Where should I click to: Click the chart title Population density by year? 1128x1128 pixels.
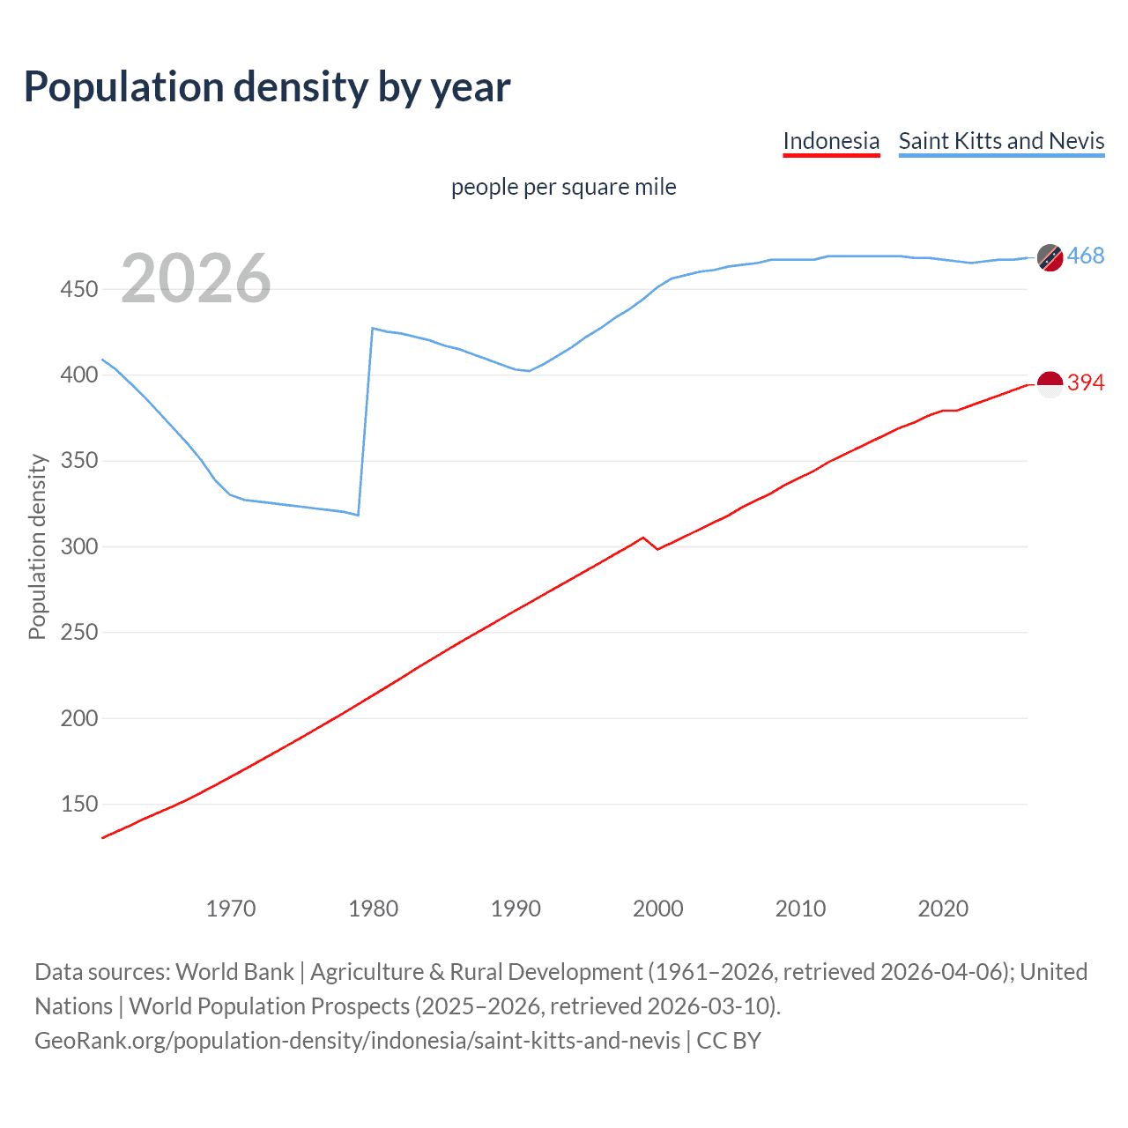267,87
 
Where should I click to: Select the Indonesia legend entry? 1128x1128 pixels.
831,141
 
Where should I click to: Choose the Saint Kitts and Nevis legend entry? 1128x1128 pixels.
1001,141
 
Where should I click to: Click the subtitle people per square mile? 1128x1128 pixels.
563,187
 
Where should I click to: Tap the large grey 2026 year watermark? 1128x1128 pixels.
196,278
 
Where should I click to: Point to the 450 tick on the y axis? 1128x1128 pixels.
78,289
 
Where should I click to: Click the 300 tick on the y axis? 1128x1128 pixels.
78,546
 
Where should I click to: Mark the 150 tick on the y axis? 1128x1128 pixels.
78,804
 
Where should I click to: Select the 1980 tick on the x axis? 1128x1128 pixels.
373,909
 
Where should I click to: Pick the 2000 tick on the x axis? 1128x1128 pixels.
657,909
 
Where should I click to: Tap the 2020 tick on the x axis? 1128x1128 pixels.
943,909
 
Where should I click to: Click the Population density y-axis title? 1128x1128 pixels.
37,546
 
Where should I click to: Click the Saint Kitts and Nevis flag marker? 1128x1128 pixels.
1050,257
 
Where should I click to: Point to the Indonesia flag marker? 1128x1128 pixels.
1050,384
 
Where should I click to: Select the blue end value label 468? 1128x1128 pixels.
1086,256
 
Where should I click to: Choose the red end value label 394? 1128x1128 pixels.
1086,382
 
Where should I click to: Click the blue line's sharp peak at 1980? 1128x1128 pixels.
373,328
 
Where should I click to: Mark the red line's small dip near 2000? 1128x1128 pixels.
657,549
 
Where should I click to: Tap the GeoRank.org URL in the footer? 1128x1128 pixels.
357,1041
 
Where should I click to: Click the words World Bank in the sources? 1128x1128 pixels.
234,972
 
